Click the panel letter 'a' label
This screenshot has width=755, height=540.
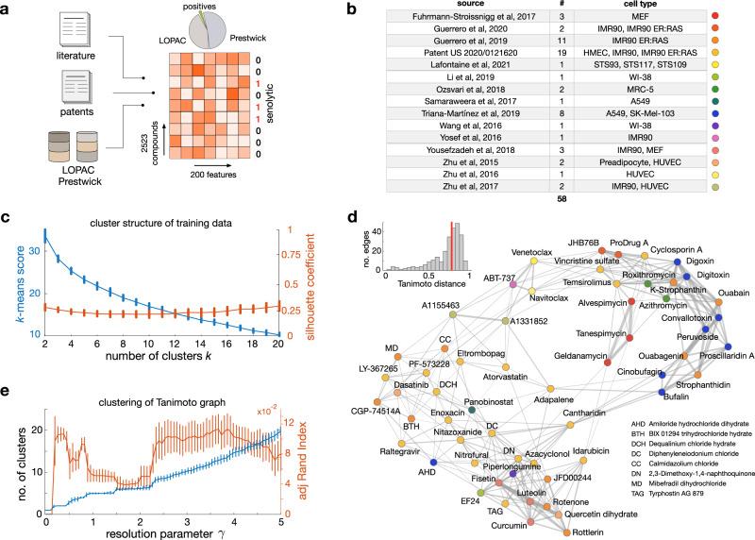8,8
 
